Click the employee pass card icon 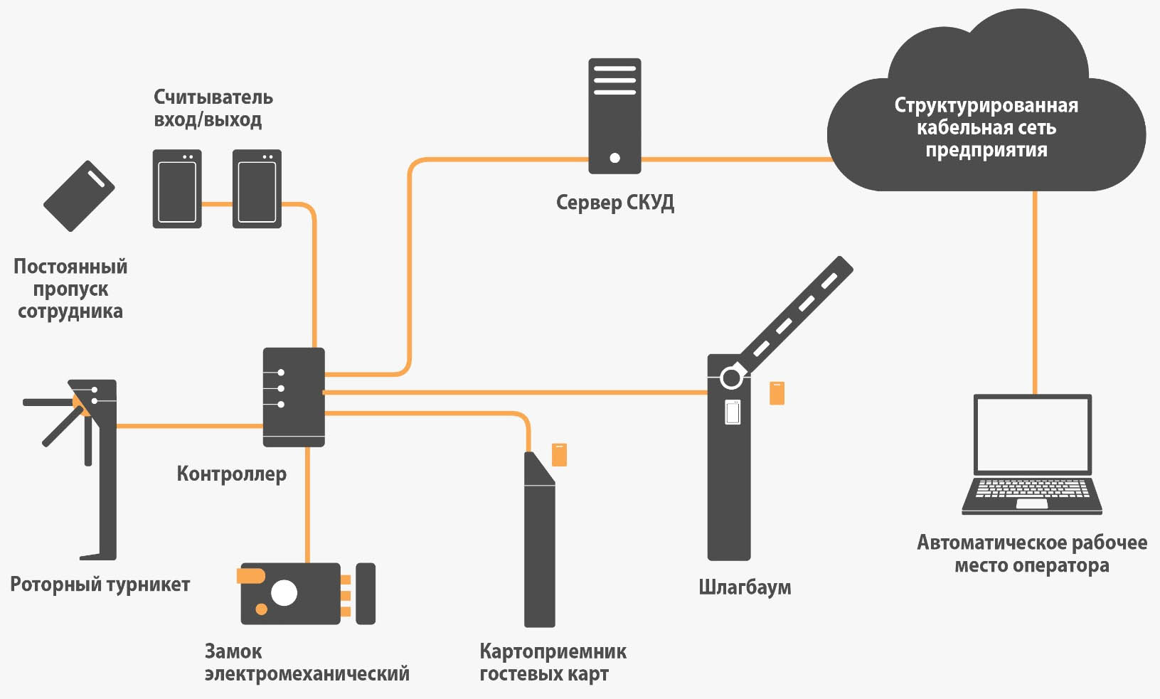[79, 196]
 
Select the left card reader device [177, 189]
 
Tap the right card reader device [257, 189]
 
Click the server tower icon [614, 115]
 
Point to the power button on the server [614, 158]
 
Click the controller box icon [294, 397]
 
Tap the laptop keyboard [1032, 490]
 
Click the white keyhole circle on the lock [284, 592]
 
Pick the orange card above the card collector [560, 455]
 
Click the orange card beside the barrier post [777, 393]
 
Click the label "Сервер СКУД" [614, 203]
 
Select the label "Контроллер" [231, 474]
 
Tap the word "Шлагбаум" [744, 587]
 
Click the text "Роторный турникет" [100, 585]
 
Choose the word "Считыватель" [213, 97]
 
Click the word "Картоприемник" [553, 651]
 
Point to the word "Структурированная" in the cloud [986, 106]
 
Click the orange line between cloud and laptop [1035, 292]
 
